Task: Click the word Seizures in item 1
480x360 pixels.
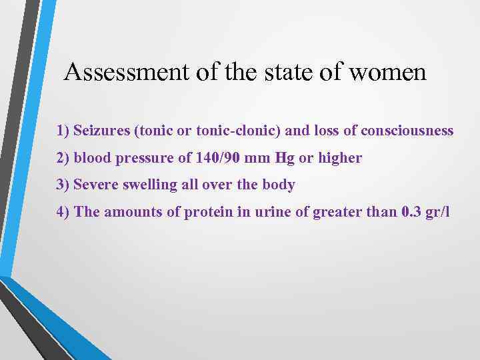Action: click(x=102, y=131)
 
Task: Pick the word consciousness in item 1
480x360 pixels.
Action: click(x=407, y=131)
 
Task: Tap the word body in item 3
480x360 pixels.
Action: click(x=280, y=185)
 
